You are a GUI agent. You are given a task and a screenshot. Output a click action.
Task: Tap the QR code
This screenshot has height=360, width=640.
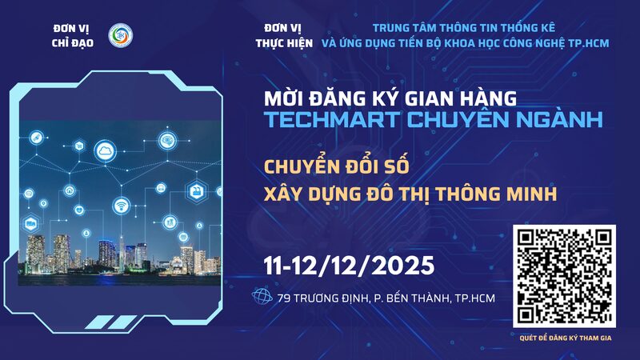click(564, 277)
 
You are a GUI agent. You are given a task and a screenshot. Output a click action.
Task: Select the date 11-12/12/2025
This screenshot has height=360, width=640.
click(349, 263)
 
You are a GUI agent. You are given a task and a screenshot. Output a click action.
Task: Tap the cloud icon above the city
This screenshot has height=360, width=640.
click(106, 150)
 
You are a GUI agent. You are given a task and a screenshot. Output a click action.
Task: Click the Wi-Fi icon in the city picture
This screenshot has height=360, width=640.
click(122, 206)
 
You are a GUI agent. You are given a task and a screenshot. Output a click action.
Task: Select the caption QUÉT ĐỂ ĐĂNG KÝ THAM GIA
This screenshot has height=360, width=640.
click(564, 338)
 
